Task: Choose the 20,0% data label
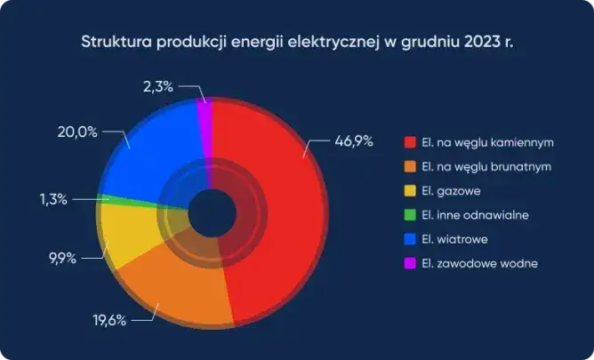pyautogui.click(x=66, y=132)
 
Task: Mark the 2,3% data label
pyautogui.click(x=158, y=86)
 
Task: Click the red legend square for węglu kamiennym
pyautogui.click(x=410, y=142)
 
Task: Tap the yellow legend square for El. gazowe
pyautogui.click(x=410, y=190)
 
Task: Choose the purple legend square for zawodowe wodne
pyautogui.click(x=410, y=263)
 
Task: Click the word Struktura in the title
pyautogui.click(x=115, y=42)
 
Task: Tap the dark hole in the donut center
pyautogui.click(x=212, y=213)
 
